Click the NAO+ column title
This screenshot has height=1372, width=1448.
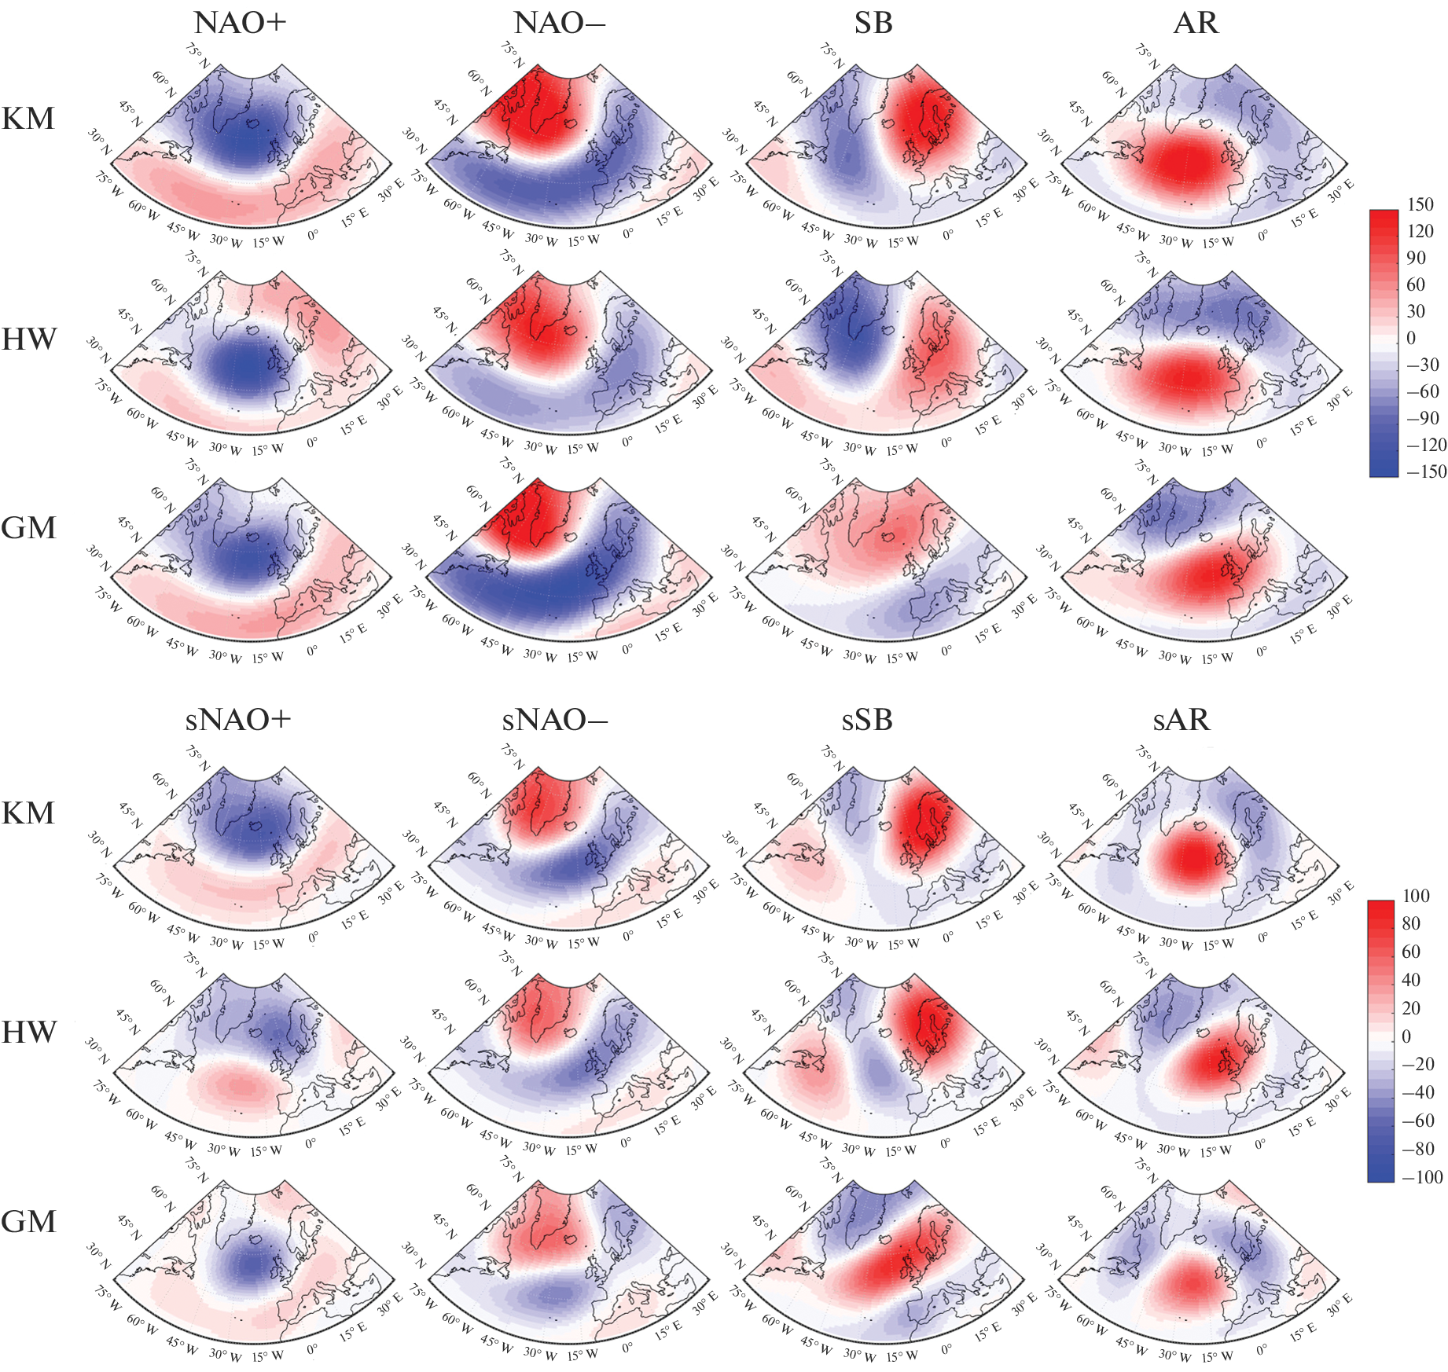pos(240,23)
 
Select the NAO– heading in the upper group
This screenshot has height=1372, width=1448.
pos(559,23)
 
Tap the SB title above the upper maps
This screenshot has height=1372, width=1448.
pos(873,23)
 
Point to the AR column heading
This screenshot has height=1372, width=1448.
pos(1196,23)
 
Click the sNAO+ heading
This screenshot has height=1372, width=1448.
pos(238,720)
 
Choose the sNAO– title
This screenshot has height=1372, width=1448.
pos(555,720)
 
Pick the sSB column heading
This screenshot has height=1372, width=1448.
pos(867,720)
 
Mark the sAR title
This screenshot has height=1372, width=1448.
pos(1181,720)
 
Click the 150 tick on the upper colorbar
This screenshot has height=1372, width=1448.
pos(1420,204)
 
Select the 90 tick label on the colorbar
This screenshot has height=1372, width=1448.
pos(1416,258)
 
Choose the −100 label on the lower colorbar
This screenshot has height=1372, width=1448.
pos(1422,1177)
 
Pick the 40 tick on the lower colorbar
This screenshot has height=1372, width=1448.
pos(1411,980)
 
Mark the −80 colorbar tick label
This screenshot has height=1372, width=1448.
pos(1419,1149)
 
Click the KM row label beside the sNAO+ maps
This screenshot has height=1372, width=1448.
pos(28,813)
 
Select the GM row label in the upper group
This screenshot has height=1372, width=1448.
pos(28,527)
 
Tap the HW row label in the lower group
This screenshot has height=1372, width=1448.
pos(29,1032)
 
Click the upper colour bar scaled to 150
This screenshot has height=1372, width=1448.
pos(1384,343)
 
